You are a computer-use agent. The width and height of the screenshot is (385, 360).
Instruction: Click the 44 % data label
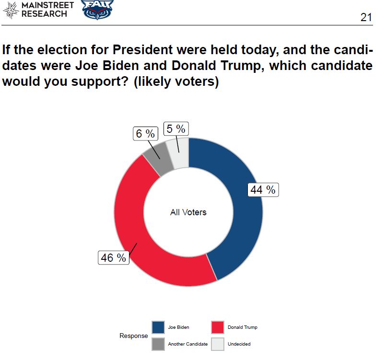point(263,190)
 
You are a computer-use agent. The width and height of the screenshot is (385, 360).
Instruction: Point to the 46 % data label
point(114,258)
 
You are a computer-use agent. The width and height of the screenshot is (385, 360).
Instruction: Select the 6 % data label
point(145,134)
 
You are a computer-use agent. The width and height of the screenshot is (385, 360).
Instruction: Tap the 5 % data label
point(175,128)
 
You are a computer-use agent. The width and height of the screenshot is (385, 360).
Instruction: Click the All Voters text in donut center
point(188,212)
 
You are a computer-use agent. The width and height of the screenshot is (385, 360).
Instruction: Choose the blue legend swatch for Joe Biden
point(158,327)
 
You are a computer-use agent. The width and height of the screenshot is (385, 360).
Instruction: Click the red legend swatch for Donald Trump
point(218,327)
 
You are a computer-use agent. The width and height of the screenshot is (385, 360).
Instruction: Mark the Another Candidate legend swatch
point(158,344)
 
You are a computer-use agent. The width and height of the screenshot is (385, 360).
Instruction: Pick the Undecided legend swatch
point(218,344)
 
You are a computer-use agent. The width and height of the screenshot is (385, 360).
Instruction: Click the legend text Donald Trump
point(243,327)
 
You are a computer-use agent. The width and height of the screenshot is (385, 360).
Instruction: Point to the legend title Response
point(134,336)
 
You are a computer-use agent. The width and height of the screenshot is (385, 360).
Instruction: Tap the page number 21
point(366,17)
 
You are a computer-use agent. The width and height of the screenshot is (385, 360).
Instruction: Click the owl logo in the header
point(98,10)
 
